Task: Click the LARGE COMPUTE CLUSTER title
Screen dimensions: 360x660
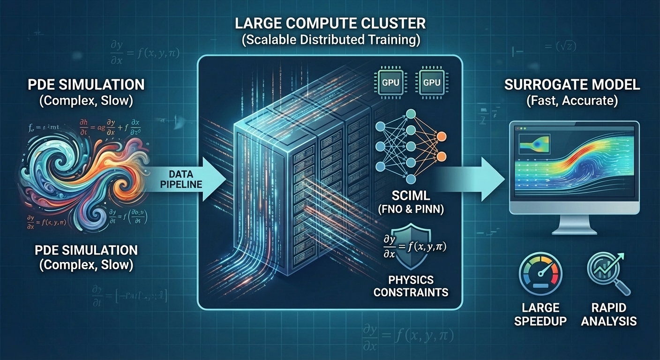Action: click(x=330, y=24)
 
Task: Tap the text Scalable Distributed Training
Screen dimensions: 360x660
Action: click(x=330, y=40)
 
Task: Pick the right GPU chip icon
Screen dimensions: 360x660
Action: click(x=432, y=82)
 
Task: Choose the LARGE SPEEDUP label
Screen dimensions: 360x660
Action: click(x=540, y=314)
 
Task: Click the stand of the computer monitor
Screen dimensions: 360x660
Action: click(x=574, y=225)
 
